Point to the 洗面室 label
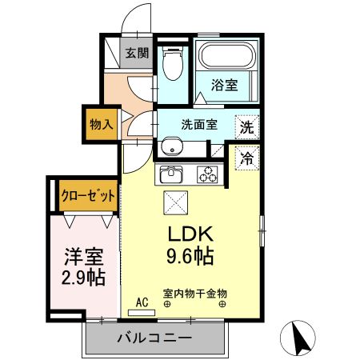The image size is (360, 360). point(199,124)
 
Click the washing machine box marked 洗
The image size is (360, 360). point(247,126)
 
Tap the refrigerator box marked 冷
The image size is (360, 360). point(247,158)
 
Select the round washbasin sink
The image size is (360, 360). point(170,146)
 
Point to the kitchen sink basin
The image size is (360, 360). point(171,174)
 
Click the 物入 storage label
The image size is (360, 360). point(102,125)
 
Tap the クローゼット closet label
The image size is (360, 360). point(88,195)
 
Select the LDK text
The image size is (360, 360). point(189,235)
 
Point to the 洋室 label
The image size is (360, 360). point(83,258)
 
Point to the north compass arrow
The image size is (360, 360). point(302,338)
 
